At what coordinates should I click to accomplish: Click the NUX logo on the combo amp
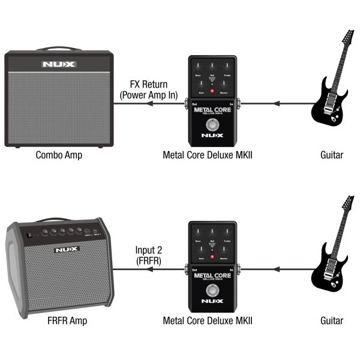58,64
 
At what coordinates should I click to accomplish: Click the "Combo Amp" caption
58,155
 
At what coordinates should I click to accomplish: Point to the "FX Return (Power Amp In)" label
148,89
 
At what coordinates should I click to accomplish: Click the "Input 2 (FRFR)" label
149,254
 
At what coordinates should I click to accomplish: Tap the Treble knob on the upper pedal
225,67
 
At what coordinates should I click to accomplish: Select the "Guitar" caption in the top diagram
331,155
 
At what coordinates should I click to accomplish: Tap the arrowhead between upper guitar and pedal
277,103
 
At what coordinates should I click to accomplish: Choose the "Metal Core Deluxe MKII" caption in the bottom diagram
208,320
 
